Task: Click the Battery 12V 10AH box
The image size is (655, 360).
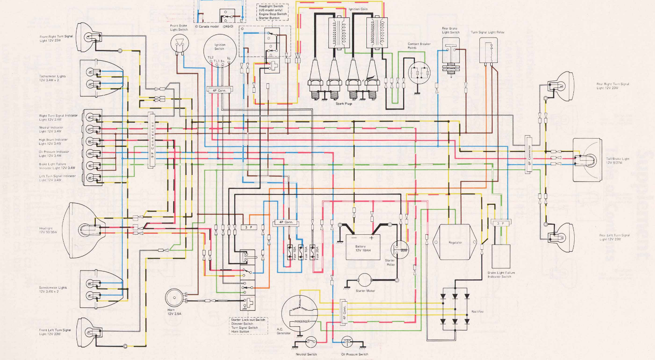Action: [363, 247]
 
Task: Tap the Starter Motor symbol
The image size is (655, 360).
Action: [365, 281]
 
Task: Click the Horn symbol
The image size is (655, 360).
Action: [174, 298]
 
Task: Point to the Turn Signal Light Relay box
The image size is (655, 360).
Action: [488, 50]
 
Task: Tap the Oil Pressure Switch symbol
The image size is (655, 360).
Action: [347, 343]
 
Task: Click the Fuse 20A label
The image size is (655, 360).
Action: [317, 253]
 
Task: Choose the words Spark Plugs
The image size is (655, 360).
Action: [344, 104]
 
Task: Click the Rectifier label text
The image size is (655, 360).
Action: [477, 311]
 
